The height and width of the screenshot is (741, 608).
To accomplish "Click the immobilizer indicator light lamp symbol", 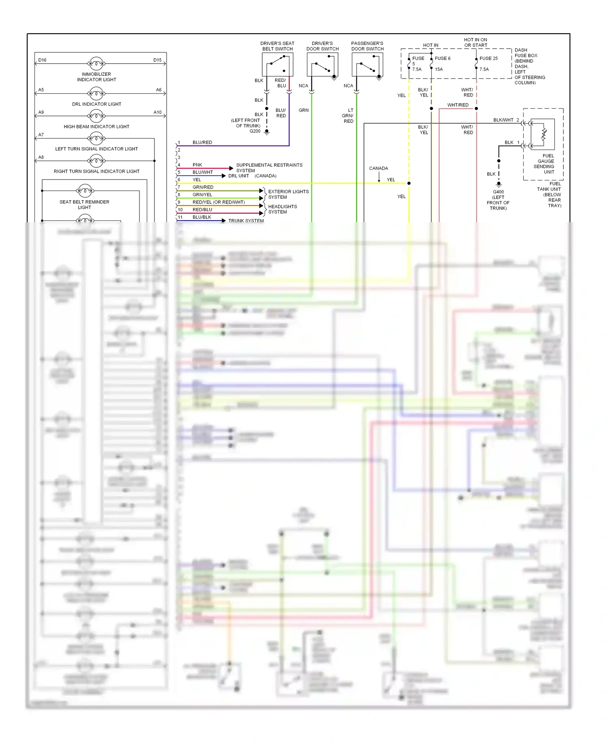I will click(x=96, y=64).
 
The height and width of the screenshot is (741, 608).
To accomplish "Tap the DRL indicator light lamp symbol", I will click(x=96, y=94).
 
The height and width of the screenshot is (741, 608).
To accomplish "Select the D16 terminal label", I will click(x=42, y=60).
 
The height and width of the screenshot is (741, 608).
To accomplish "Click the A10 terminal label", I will click(x=157, y=112).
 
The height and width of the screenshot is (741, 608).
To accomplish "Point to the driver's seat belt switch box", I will click(x=278, y=64).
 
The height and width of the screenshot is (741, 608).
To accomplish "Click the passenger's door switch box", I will click(x=367, y=64).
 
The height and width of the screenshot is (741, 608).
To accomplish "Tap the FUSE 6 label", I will click(x=442, y=58).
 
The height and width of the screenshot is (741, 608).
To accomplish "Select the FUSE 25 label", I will click(x=488, y=58).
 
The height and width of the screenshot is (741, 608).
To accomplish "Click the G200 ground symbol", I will click(x=267, y=132).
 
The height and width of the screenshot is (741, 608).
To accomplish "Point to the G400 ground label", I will click(x=498, y=192).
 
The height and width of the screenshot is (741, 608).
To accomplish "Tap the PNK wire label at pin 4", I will click(x=197, y=165).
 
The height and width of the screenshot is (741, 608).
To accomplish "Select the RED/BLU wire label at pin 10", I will click(x=202, y=210).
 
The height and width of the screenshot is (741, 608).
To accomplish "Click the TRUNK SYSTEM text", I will click(x=246, y=221).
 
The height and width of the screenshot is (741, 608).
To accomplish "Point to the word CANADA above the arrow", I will click(x=378, y=168).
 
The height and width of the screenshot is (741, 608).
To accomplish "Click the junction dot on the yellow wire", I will click(x=409, y=183).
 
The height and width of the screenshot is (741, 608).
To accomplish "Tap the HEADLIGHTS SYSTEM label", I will click(x=282, y=209).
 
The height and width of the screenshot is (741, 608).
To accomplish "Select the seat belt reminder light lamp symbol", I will click(x=85, y=191).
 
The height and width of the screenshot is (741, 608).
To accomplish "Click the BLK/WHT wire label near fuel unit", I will click(x=503, y=120).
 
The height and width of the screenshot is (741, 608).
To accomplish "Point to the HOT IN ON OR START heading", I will click(x=475, y=43).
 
